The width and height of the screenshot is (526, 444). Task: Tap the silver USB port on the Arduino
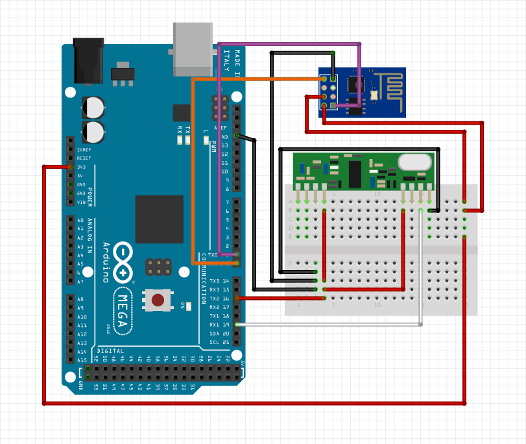coord(193,49)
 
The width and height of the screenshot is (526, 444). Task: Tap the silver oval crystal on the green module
coord(414,162)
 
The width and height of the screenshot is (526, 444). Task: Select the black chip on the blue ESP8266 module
coord(355,84)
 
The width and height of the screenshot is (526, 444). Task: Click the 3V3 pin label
coord(81,167)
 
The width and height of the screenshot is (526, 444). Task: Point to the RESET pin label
coord(84,158)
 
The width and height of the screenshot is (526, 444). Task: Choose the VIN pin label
coord(81,202)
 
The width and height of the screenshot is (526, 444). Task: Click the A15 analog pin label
coord(82,360)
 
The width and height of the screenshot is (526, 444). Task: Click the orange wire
coord(193,169)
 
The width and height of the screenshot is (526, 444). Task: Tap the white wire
coord(421,273)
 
